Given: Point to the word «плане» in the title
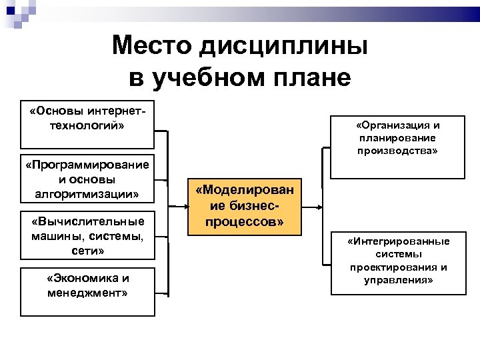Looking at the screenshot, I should click(x=312, y=77).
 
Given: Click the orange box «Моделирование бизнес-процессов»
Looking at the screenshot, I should click(x=244, y=207).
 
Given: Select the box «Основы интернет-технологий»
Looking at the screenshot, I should click(x=87, y=125).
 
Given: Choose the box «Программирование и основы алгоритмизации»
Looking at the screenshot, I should click(x=87, y=179).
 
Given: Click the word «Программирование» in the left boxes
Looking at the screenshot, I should click(x=87, y=165).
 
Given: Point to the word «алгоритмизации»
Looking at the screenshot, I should click(x=87, y=194).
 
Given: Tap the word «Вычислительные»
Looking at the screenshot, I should click(x=87, y=222).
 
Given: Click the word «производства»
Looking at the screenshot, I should click(x=398, y=151).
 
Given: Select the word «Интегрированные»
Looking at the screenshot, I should click(x=398, y=241).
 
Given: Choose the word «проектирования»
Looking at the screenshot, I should click(x=398, y=267).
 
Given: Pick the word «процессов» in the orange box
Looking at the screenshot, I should click(x=244, y=221).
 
